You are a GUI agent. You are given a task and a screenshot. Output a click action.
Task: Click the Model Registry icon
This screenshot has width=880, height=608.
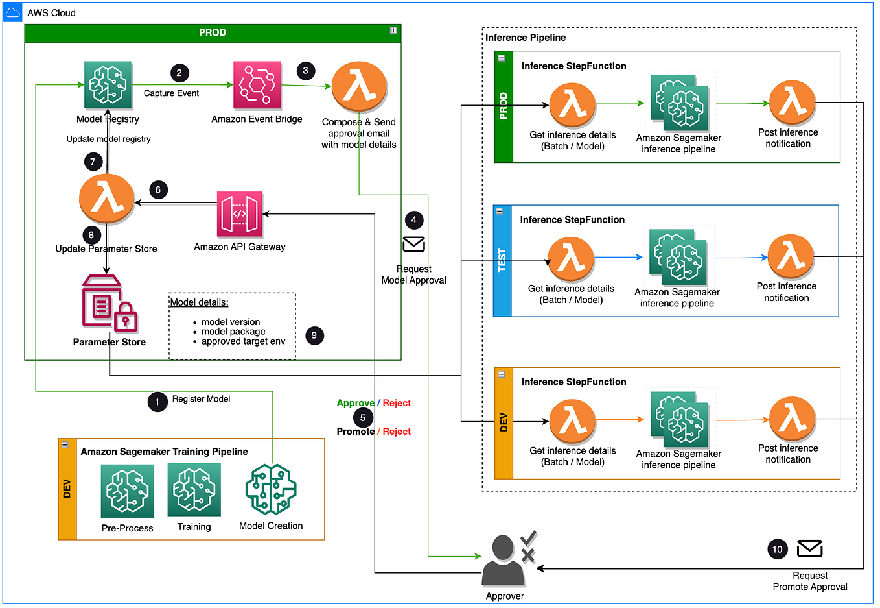pyautogui.click(x=108, y=85)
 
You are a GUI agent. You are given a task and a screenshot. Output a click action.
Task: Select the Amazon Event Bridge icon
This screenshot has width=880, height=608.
pyautogui.click(x=257, y=85)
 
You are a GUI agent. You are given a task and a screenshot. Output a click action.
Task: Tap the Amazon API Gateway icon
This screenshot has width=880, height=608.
pyautogui.click(x=239, y=214)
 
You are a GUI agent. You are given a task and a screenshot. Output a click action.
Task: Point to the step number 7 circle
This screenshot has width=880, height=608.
pyautogui.click(x=93, y=162)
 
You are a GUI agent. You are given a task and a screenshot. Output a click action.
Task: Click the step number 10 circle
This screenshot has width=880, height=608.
pyautogui.click(x=777, y=550)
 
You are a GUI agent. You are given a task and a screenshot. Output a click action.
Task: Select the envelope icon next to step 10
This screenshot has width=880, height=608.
pyautogui.click(x=809, y=549)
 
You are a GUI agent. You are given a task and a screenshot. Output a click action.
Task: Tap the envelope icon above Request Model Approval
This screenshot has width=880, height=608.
pyautogui.click(x=413, y=244)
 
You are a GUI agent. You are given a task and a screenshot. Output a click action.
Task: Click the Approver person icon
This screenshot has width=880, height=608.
pyautogui.click(x=504, y=559)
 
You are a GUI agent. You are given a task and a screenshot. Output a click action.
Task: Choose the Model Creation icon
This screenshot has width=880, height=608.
pyautogui.click(x=271, y=490)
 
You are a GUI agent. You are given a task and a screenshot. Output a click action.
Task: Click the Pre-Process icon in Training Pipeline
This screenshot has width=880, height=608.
pyautogui.click(x=127, y=491)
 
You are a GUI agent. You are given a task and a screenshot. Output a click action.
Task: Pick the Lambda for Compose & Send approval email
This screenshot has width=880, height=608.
pyautogui.click(x=359, y=87)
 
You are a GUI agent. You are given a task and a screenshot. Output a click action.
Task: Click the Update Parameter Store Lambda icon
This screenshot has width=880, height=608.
pyautogui.click(x=106, y=199)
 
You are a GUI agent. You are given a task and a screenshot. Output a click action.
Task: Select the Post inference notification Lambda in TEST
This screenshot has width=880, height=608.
pyautogui.click(x=791, y=257)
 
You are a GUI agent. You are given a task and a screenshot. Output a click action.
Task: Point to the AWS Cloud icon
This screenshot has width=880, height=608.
pyautogui.click(x=13, y=12)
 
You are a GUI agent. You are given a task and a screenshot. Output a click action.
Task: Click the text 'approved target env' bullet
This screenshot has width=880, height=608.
pyautogui.click(x=243, y=341)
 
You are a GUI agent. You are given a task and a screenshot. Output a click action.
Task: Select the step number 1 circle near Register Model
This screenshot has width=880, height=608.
pyautogui.click(x=157, y=402)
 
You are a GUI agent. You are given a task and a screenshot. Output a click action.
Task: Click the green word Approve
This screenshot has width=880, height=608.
pyautogui.click(x=355, y=403)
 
